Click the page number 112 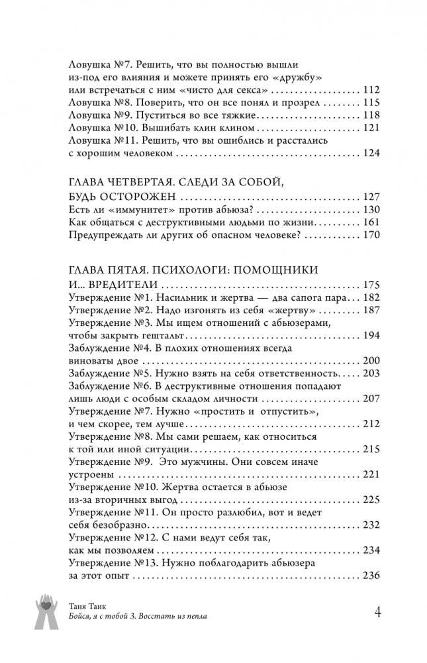[371, 90]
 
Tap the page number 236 [371, 576]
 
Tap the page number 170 [371, 235]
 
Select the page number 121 [371, 128]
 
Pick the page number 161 [371, 223]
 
